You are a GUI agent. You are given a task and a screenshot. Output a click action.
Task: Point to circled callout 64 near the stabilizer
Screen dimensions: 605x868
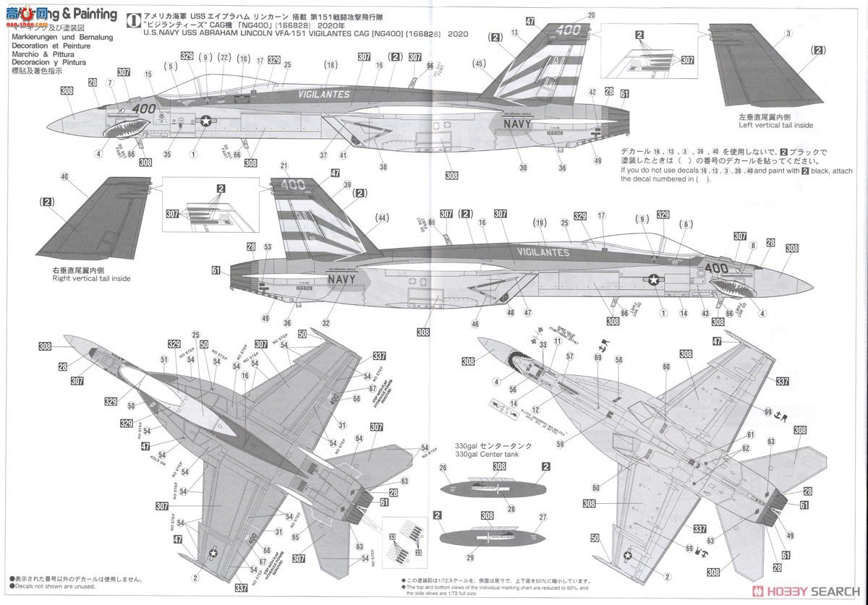[359, 438]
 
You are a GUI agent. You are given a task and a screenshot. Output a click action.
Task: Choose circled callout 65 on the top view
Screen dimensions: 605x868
[295, 537]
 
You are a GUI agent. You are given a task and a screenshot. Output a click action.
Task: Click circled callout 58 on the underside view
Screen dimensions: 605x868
[618, 359]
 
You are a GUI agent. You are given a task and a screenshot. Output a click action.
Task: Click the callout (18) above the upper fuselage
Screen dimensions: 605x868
[331, 65]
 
